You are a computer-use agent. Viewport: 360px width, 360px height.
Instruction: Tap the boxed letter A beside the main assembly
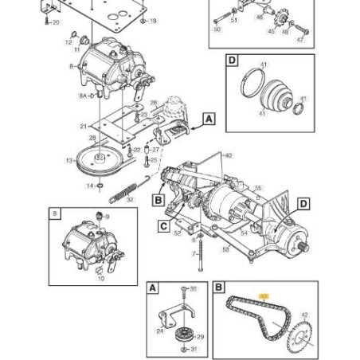point(209,119)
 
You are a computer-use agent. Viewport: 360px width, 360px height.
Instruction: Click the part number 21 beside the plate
point(83,126)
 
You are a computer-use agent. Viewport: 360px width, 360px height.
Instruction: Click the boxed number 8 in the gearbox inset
point(55,213)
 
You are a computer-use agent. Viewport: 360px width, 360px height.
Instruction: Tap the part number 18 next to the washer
point(154,20)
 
